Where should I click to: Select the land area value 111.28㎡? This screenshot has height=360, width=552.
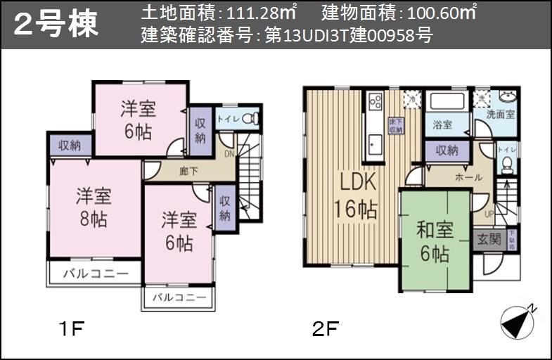[259, 13]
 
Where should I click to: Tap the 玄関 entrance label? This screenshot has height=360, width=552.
[487, 239]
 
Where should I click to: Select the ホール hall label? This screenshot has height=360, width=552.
[468, 178]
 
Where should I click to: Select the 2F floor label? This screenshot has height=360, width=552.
[326, 328]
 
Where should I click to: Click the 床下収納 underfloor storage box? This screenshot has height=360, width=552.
[396, 126]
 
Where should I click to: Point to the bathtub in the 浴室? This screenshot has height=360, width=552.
[447, 101]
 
